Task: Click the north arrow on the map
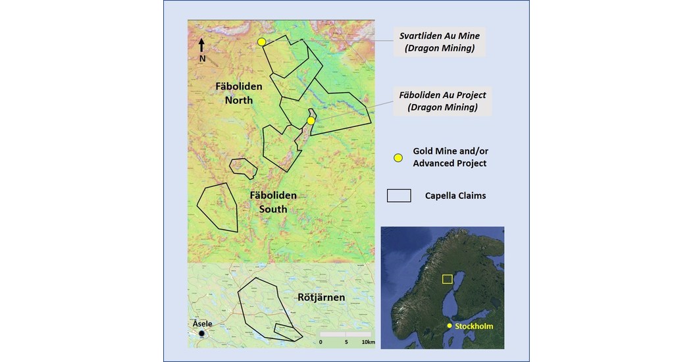tap(202, 44)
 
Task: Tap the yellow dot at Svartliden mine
tap(261, 42)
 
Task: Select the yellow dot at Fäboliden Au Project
tap(311, 120)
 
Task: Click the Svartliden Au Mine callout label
tap(438, 41)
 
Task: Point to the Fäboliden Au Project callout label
tap(442, 101)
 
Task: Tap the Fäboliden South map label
tap(273, 202)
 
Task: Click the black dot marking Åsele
tap(201, 334)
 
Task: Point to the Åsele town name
tap(203, 324)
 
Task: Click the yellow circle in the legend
tap(398, 158)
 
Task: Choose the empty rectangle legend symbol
tap(398, 195)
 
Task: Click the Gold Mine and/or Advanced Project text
tap(449, 157)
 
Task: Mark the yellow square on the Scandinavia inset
tap(448, 279)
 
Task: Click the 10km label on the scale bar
tap(368, 342)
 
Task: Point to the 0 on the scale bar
tap(321, 342)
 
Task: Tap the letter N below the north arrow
tap(202, 59)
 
